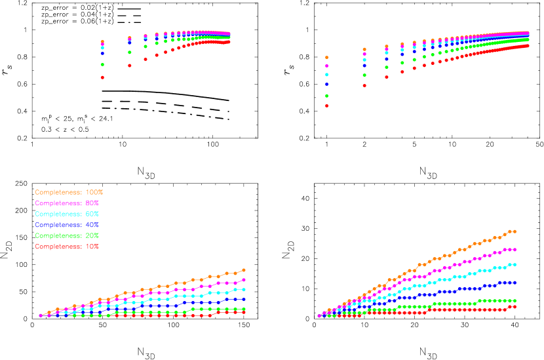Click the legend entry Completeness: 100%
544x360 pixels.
(x=69, y=192)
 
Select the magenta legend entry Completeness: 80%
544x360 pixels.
(x=67, y=203)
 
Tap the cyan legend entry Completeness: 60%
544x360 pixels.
(x=67, y=214)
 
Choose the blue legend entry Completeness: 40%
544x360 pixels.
(x=67, y=225)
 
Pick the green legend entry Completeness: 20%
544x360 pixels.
(x=67, y=235)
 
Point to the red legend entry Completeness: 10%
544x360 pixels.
(x=67, y=247)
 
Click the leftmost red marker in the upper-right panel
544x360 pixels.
(x=326, y=106)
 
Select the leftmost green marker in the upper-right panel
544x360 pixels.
(x=326, y=96)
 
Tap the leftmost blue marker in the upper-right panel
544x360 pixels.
(x=326, y=84)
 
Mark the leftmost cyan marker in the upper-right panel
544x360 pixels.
(x=326, y=75)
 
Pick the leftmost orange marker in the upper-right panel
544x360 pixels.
(x=326, y=58)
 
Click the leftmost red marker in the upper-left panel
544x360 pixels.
(x=102, y=77)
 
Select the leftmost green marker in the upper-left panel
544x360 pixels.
(x=102, y=64)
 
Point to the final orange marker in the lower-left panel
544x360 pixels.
(x=244, y=270)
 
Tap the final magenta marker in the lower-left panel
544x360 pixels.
(x=244, y=280)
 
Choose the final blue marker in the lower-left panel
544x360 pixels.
(x=244, y=300)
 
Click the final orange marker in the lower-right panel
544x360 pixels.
(x=515, y=231)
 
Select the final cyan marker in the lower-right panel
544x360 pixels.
(x=515, y=265)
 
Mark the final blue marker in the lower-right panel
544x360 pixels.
(x=515, y=283)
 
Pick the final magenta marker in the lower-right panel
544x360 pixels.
(x=515, y=250)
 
